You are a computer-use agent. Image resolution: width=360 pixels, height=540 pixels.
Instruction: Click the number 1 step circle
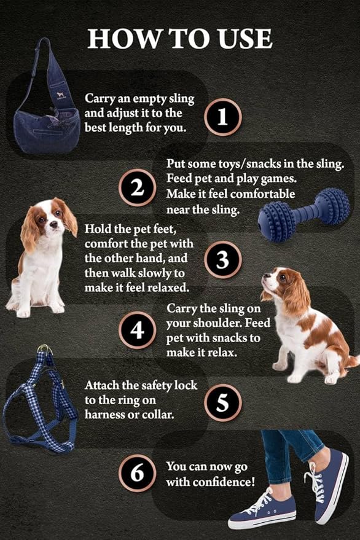[223, 117]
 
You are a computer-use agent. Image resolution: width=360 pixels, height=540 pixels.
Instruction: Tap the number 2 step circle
[136, 187]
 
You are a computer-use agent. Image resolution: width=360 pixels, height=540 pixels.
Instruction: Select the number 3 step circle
[223, 260]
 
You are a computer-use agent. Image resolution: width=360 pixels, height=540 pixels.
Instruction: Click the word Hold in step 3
[98, 229]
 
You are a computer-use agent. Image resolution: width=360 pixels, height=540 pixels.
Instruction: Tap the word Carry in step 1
[100, 98]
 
